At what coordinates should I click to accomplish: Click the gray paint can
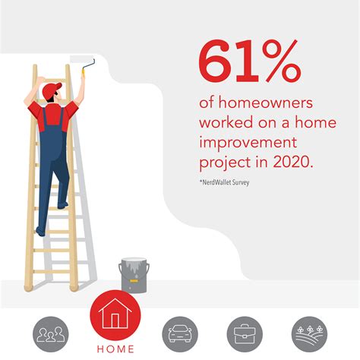pos(134,276)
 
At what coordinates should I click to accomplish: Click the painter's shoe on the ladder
pos(39,229)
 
